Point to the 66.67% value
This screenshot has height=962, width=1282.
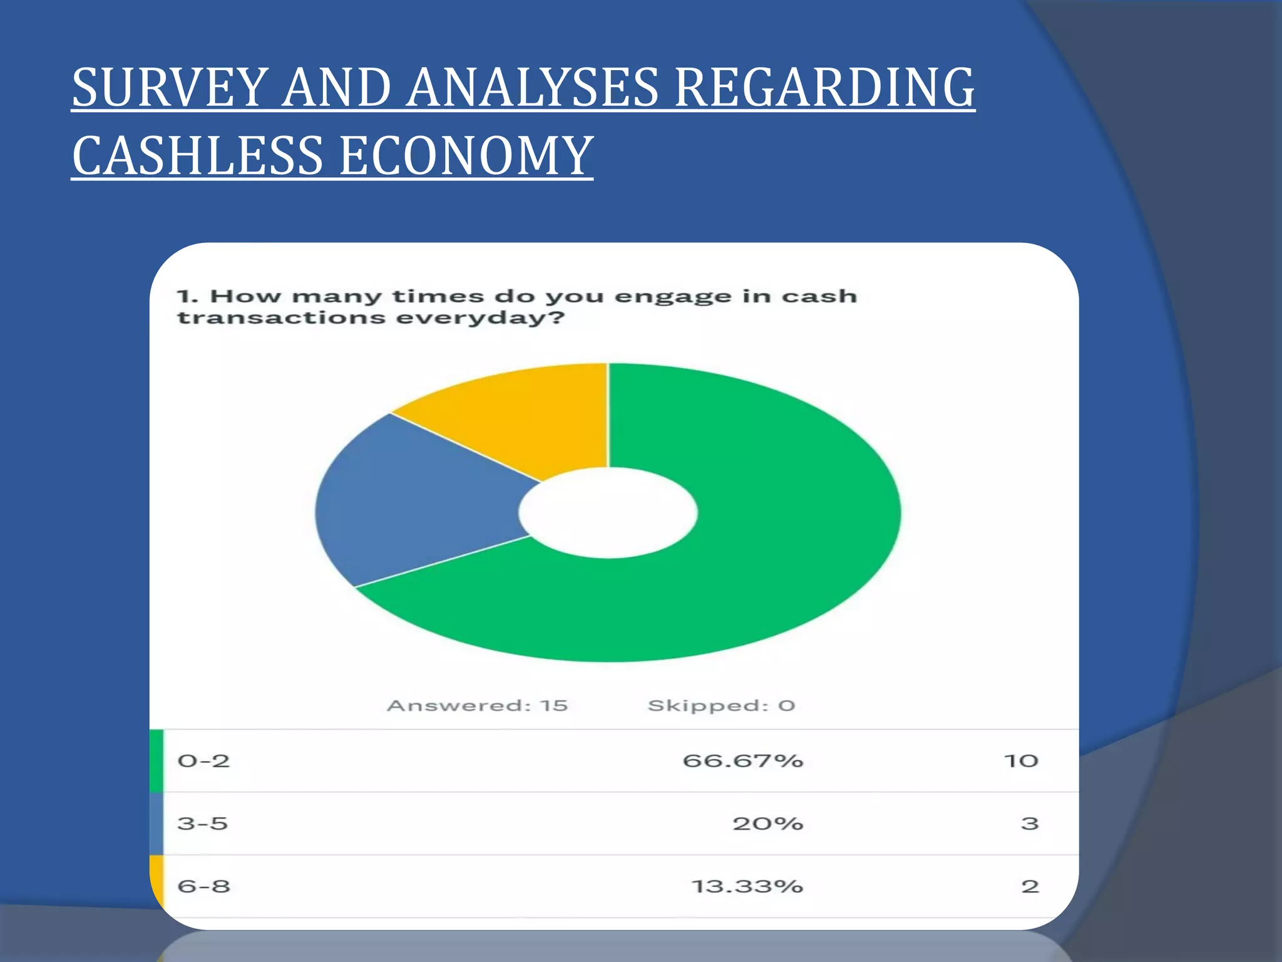pos(742,761)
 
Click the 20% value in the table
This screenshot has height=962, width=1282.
pos(767,824)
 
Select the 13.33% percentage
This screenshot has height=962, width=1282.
pos(747,886)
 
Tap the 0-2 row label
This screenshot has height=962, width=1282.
pos(203,761)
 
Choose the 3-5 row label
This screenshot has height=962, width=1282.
pos(202,824)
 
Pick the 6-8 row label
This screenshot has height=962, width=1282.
pos(203,886)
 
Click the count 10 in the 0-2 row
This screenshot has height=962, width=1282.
pos(1021,761)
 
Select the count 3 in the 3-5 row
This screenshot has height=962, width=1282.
pos(1030,824)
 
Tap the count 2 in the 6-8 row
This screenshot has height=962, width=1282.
pos(1030,886)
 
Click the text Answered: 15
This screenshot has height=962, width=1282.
pos(478,706)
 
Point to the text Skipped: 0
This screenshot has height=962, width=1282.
pos(721,706)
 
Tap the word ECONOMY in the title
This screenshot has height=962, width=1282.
pos(466,156)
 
